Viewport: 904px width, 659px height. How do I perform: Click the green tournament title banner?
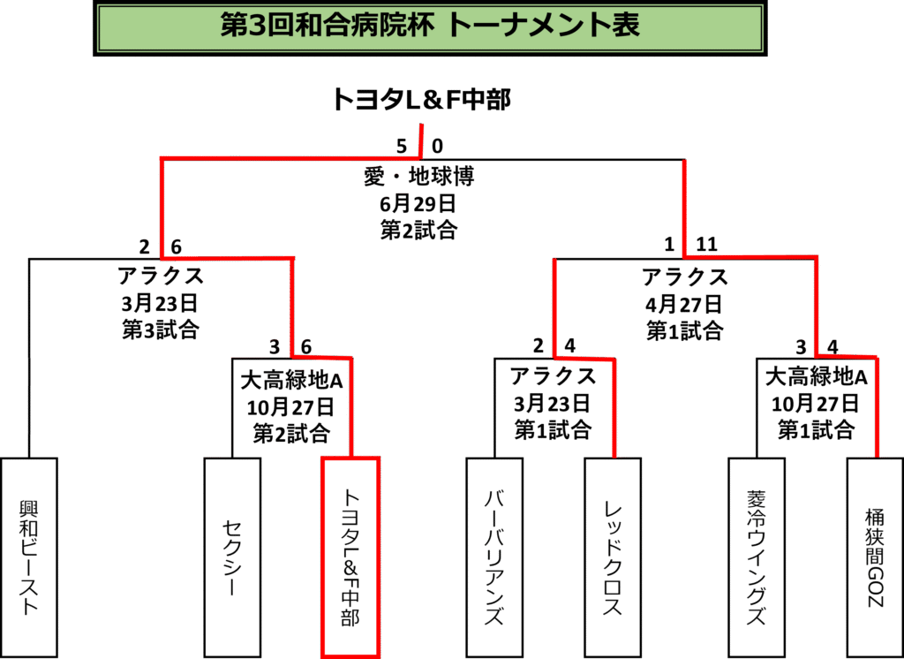(430, 27)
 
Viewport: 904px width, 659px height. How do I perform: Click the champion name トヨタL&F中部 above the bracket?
(421, 99)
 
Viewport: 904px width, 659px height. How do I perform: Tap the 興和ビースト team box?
(29, 557)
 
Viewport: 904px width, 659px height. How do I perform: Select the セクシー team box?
(232, 557)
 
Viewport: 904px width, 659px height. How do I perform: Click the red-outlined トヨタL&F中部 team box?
(350, 557)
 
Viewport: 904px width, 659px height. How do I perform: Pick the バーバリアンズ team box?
(494, 557)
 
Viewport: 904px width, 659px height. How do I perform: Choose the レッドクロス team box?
(613, 557)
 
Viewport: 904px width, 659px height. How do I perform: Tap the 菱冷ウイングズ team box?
(757, 557)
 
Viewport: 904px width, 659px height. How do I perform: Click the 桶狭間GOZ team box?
(875, 557)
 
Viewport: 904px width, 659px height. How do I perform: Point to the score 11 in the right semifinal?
(707, 245)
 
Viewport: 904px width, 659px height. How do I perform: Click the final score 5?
(402, 146)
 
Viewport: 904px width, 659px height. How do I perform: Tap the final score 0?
(438, 146)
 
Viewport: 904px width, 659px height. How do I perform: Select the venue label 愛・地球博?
(419, 177)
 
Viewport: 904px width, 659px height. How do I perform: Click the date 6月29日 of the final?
(419, 203)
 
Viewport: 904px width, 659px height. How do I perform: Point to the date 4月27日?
(684, 303)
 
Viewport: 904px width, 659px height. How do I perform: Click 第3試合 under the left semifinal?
(161, 329)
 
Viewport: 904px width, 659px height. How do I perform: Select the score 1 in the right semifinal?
(669, 245)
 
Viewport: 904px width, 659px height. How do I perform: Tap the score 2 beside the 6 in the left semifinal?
(144, 247)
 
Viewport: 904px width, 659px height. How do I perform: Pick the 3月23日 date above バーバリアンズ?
(553, 403)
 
